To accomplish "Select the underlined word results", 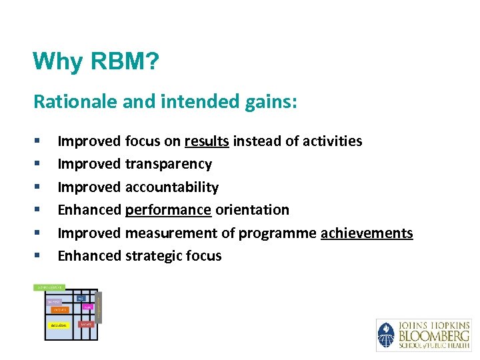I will click(x=207, y=141).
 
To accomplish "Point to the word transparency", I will click(x=169, y=164).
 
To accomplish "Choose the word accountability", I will click(x=172, y=187).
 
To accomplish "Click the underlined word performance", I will click(x=169, y=210).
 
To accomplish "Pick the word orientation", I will click(x=252, y=210).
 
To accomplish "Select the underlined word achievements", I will click(x=367, y=233).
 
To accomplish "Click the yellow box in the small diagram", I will click(x=58, y=325).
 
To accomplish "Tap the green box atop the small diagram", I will click(x=49, y=287).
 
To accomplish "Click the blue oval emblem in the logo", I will click(x=386, y=335).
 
